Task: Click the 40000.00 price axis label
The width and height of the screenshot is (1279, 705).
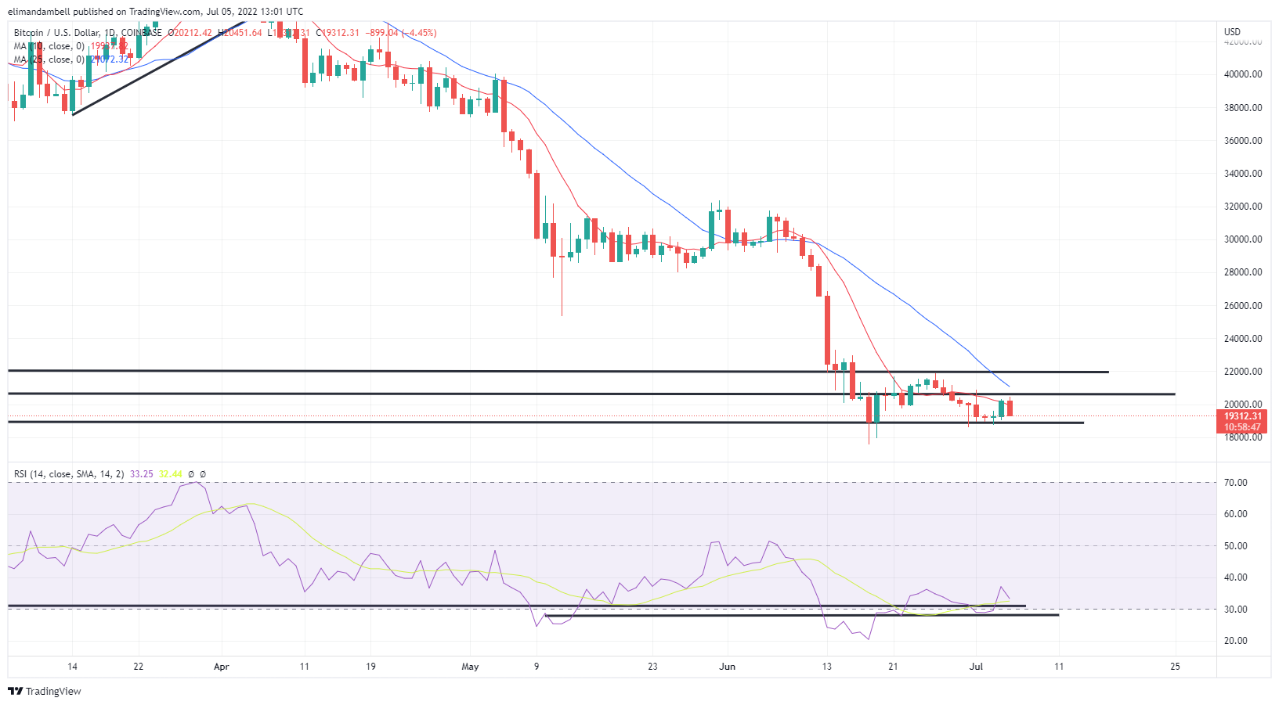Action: click(1243, 74)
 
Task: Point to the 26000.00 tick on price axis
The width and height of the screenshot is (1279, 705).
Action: click(1243, 306)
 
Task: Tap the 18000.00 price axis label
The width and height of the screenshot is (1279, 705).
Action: click(1243, 437)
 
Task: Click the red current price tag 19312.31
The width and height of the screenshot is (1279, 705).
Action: click(1243, 416)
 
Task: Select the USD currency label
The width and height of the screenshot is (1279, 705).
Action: click(1232, 32)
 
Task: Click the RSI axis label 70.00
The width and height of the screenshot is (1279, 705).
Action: click(1236, 483)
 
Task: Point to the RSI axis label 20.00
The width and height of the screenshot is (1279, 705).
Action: click(1236, 641)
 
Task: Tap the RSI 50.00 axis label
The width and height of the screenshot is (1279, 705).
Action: click(1236, 546)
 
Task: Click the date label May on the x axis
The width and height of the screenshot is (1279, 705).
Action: click(470, 667)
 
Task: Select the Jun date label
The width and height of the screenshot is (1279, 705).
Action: click(728, 667)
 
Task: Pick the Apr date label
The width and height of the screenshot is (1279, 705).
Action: click(222, 667)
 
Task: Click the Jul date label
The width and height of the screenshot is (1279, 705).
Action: click(976, 667)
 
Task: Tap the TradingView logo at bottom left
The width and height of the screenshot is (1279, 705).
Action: click(45, 692)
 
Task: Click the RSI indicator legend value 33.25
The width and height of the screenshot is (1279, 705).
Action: click(142, 474)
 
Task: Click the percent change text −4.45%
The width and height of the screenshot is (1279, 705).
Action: click(419, 33)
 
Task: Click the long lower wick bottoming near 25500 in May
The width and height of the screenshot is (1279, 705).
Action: click(562, 313)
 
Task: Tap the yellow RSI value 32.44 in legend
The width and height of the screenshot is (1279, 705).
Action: click(170, 474)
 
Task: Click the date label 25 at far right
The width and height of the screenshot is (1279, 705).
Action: click(1175, 667)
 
